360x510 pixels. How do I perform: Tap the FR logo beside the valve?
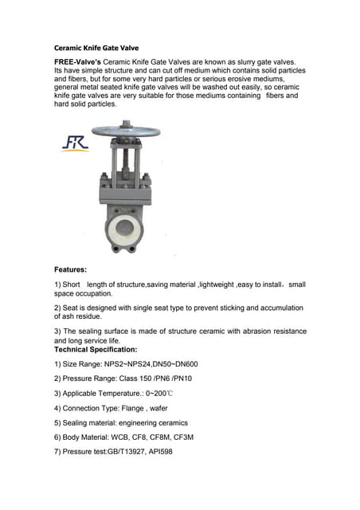coord(76,143)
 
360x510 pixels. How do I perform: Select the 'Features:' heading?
coord(71,269)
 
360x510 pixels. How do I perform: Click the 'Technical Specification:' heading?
coord(96,349)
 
